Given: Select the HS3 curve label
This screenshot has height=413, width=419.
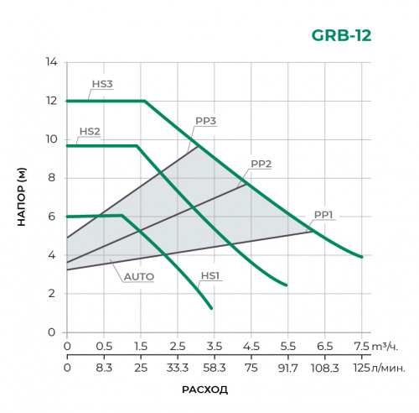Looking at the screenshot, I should tap(101, 84).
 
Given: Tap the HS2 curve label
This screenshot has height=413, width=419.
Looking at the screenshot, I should tap(90, 131).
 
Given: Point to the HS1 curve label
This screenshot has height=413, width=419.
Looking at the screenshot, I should tap(210, 275).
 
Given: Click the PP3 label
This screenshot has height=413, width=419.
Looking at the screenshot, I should tap(206, 122).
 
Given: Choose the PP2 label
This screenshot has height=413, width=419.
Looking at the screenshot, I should tap(261, 164).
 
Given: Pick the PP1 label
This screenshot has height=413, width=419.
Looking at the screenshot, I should tap(324, 215).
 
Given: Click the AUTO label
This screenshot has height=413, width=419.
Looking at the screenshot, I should tap(138, 275).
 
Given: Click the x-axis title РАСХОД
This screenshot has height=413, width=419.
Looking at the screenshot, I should tap(204, 390).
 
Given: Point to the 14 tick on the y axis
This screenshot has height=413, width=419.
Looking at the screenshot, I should tap(52, 62).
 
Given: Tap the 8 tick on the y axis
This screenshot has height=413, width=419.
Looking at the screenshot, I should tap(52, 178).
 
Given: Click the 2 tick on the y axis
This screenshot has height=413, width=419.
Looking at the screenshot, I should tap(52, 294).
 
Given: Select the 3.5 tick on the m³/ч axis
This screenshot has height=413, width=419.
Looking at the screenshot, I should tap(214, 346).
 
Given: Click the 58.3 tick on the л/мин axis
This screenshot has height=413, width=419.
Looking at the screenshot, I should tap(214, 367).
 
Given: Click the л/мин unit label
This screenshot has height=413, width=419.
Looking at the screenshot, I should tap(385, 367).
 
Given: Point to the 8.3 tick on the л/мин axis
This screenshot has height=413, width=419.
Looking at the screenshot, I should tap(104, 367).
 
